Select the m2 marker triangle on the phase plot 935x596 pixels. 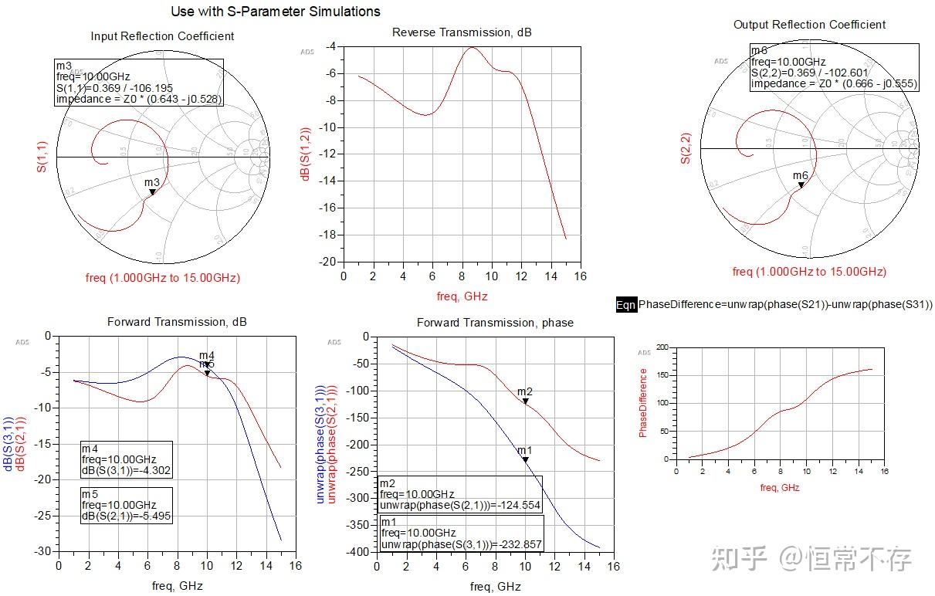click(x=525, y=401)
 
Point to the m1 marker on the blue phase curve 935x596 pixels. click(x=525, y=459)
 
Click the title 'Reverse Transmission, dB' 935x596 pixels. click(x=462, y=32)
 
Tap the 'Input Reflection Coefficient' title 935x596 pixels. click(x=162, y=36)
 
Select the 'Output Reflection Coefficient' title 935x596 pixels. click(x=809, y=25)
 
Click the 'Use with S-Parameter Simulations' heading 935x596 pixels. click(x=276, y=12)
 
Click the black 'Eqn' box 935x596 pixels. click(x=626, y=305)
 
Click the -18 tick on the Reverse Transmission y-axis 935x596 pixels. click(x=330, y=235)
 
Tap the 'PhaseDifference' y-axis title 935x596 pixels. click(x=643, y=402)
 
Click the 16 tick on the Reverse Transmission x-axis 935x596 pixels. click(x=581, y=276)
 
